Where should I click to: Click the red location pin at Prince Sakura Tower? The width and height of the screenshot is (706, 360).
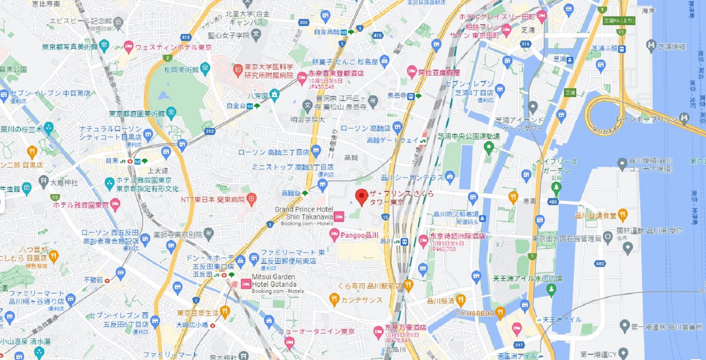361,197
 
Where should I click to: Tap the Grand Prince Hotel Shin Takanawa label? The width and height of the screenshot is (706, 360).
304,213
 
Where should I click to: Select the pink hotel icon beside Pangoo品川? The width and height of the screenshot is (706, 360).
334,235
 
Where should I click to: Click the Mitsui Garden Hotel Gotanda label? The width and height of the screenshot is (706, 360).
274,281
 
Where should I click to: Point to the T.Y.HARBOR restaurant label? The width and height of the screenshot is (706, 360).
475,314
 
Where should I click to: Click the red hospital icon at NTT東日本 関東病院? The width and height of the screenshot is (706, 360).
251,199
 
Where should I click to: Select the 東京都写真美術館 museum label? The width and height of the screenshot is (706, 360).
70,47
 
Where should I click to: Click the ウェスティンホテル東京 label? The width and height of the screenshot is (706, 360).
173,47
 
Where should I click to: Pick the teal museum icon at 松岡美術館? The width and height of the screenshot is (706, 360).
205,68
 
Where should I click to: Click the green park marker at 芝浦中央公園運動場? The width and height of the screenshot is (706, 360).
488,147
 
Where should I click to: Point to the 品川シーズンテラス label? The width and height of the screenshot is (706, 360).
412,178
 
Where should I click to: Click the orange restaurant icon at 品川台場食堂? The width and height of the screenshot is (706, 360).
623,215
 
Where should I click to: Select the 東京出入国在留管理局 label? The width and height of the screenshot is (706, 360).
567,239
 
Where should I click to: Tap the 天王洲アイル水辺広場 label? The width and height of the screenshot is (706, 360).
528,279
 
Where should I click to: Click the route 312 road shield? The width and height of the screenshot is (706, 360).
210,131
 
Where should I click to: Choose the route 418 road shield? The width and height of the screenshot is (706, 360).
186,37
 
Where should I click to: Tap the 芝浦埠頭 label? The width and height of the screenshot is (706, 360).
672,47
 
